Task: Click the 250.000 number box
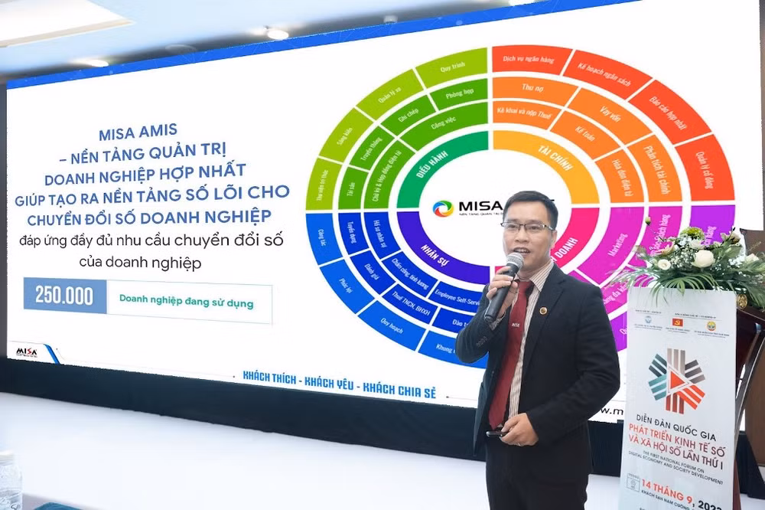(65, 296)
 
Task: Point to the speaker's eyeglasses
(527, 227)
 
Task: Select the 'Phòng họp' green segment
(456, 97)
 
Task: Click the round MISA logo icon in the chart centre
(443, 208)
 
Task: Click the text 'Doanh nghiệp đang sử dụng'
(186, 302)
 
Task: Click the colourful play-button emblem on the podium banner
(675, 381)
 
